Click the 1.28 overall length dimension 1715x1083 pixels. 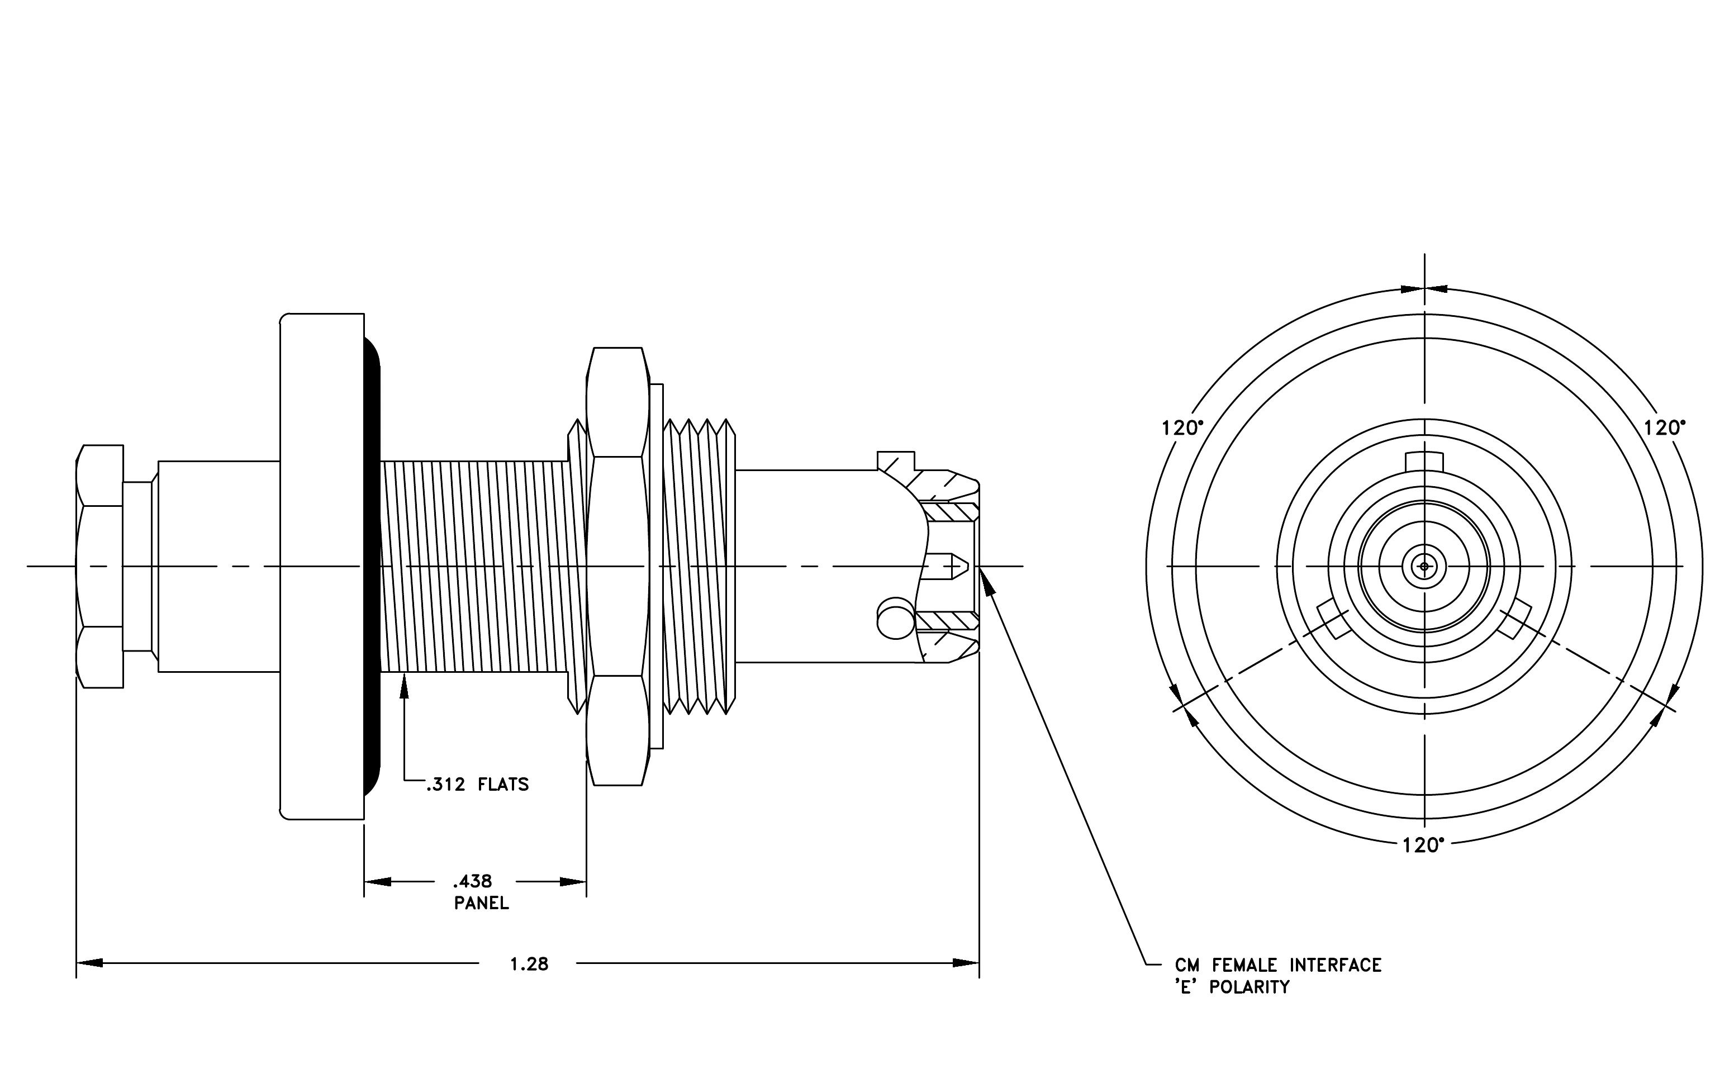pos(529,964)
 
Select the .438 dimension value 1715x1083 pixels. pos(472,881)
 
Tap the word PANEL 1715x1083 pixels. pos(482,904)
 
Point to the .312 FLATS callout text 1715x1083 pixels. pos(477,785)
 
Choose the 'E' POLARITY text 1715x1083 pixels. pos(1232,987)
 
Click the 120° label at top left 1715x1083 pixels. pos(1182,428)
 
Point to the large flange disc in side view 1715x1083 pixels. pos(322,566)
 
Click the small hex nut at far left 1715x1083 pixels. pos(99,566)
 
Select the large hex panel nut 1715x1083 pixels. pos(617,566)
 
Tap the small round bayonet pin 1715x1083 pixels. pos(895,618)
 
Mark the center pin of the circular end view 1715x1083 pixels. pos(1424,566)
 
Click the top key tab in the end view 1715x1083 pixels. pos(1424,462)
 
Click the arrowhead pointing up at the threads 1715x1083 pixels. pos(405,685)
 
